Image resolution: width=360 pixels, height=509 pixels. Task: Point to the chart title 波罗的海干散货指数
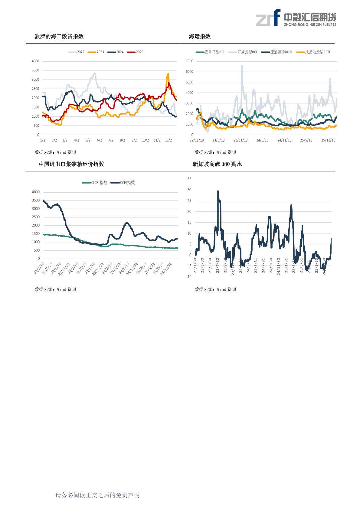[x=59, y=37]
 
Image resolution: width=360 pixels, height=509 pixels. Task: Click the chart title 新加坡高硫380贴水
[x=217, y=164]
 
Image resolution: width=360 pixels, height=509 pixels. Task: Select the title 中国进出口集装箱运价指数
[x=71, y=164]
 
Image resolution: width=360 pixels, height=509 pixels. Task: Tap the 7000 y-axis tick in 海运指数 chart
[x=189, y=61]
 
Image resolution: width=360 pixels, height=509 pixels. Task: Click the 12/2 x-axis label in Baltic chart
[x=168, y=140]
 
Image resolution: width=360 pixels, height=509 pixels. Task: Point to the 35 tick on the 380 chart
[x=189, y=179]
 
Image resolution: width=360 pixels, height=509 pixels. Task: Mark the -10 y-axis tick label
[x=189, y=277]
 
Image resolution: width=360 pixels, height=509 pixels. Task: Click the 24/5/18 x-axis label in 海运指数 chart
[x=262, y=140]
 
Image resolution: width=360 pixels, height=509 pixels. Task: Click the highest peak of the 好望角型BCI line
[x=242, y=66]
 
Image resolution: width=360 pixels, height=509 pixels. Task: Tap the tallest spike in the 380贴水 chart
[x=218, y=191]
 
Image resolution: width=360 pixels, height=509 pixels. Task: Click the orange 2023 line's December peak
[x=168, y=73]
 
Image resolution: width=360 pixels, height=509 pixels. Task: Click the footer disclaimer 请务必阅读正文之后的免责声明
[x=97, y=495]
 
